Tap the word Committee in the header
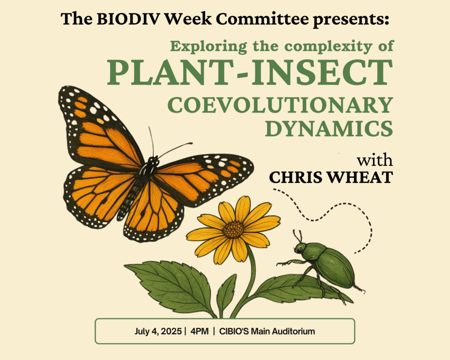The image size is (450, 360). [262, 18]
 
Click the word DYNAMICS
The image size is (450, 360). [329, 129]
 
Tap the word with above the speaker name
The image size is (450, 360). [375, 160]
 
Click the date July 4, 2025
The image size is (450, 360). [158, 331]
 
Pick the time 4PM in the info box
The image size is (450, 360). [200, 331]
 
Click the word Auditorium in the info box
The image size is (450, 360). [293, 331]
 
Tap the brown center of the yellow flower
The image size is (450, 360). [233, 229]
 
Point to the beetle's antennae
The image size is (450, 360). [298, 236]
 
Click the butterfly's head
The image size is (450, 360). [153, 161]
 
